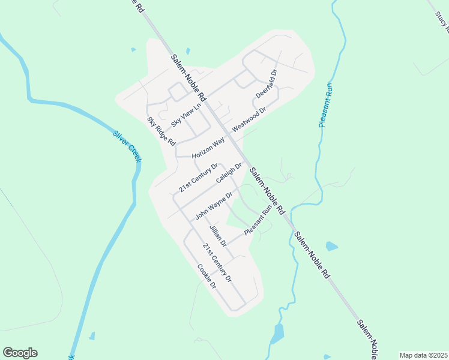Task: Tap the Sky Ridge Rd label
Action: coord(161,131)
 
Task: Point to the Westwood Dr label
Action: coord(249,121)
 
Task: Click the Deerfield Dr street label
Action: coord(267,84)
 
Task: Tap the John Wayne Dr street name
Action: coord(214,206)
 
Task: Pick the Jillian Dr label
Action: coord(217,236)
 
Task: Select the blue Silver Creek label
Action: coord(127,145)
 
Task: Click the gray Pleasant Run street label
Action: coord(258,221)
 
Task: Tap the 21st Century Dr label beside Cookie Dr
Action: coord(217,263)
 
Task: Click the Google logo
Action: coord(20,353)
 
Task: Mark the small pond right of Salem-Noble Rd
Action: coord(331,246)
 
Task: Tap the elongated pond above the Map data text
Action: coord(278,333)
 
